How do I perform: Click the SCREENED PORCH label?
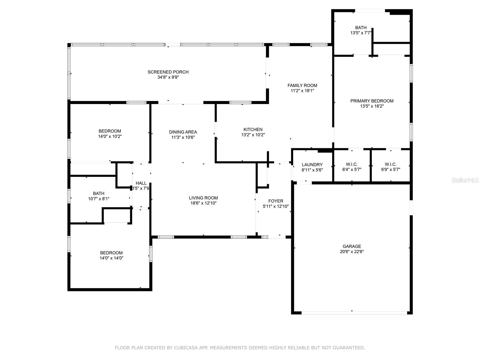pos(168,72)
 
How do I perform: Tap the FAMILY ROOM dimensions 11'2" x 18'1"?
pos(302,91)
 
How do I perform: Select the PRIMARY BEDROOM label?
pos(372,101)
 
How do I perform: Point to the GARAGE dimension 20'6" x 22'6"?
pos(352,252)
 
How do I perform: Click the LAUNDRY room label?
pos(312,165)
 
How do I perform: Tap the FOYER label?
pos(275,201)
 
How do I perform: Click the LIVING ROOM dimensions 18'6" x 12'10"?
pos(203,203)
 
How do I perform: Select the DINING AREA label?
pos(183,132)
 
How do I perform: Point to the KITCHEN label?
pos(253,130)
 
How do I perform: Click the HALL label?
pos(141,183)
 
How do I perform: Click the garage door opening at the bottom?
pos(354,313)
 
